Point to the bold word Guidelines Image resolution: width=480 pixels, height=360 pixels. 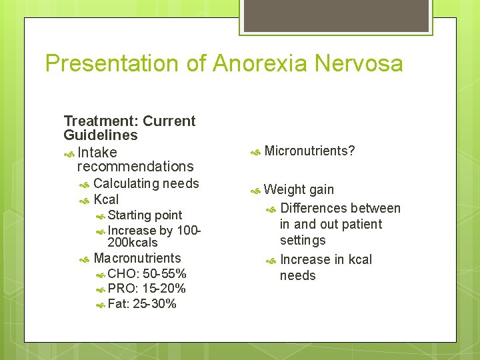coord(101,135)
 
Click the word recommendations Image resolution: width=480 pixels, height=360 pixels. coord(135,167)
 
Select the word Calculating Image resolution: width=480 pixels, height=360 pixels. coord(126,183)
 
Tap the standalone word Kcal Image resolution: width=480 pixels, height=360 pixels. coord(106,199)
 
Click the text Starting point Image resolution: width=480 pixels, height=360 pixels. coord(145,215)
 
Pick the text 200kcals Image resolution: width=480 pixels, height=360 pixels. coord(133,243)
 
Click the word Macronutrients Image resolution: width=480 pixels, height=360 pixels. coord(137,258)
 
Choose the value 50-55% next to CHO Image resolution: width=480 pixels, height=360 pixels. coord(165,274)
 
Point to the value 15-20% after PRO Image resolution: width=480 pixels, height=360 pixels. coord(164,289)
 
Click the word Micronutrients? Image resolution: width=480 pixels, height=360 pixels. coord(309,151)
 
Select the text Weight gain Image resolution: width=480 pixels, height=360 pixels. coord(299,189)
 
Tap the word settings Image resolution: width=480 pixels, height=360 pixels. coord(303,240)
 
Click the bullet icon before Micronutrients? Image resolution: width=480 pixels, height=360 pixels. coord(255,152)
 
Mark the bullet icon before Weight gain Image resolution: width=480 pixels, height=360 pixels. coord(255,191)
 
